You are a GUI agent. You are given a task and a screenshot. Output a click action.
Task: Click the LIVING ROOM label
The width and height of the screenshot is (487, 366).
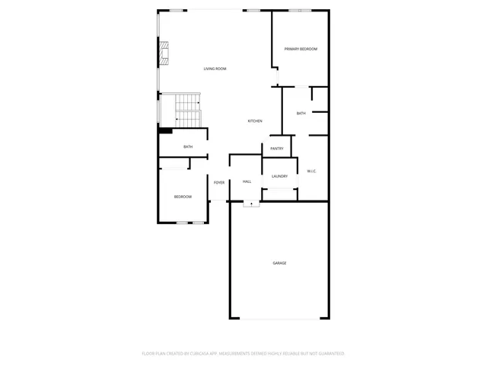click(x=215, y=69)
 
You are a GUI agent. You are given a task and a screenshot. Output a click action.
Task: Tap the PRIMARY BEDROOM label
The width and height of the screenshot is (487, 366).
click(x=301, y=50)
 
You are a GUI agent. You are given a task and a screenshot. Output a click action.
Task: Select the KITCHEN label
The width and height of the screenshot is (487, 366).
click(x=255, y=121)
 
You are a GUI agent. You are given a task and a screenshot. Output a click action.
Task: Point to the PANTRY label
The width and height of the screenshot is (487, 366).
click(x=276, y=149)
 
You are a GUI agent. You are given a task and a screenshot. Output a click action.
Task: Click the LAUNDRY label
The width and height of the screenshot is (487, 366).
click(x=279, y=176)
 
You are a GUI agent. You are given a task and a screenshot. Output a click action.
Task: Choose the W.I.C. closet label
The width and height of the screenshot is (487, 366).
click(x=312, y=172)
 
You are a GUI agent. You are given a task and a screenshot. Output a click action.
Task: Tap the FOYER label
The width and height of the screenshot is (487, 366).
click(x=218, y=183)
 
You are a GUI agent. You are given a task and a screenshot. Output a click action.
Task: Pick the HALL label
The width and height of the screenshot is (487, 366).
click(x=247, y=181)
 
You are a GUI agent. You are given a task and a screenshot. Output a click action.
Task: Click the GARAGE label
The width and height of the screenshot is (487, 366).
click(x=279, y=263)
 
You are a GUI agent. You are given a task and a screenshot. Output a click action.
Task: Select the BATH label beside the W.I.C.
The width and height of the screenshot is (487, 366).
click(x=301, y=114)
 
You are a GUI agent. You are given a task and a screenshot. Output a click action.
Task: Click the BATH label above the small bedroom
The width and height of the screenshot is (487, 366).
click(x=188, y=147)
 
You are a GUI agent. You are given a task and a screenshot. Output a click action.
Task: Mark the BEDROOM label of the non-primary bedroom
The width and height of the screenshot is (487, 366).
click(x=183, y=197)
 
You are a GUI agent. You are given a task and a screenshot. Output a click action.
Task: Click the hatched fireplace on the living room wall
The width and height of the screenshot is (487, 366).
click(x=164, y=56)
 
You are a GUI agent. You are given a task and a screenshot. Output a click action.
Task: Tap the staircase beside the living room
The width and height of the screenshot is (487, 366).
click(x=183, y=111)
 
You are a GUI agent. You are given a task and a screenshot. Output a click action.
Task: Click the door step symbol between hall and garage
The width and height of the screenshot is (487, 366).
click(x=250, y=204)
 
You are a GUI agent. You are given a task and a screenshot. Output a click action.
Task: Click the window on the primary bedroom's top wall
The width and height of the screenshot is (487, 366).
click(x=300, y=10)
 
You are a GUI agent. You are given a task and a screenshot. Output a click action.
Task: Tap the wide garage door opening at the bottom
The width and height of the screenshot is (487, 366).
click(x=279, y=318)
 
